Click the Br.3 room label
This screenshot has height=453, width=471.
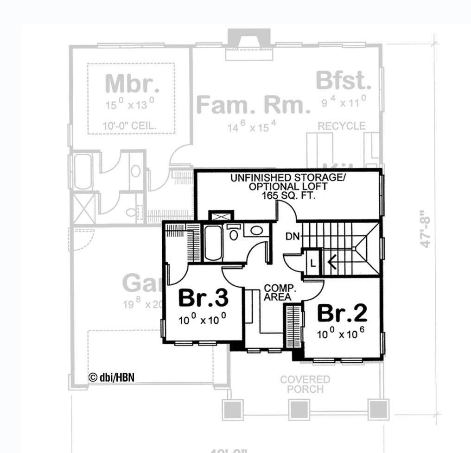tap(203, 298)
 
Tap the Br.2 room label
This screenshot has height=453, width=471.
tap(342, 314)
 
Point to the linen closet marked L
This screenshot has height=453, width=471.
tap(313, 263)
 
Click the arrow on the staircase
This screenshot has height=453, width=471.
tap(332, 263)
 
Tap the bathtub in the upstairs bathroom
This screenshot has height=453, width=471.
tap(213, 243)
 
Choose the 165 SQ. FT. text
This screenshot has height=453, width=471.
tap(288, 195)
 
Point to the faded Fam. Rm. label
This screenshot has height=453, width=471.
tap(253, 105)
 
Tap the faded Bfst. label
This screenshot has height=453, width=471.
tap(343, 81)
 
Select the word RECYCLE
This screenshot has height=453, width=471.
tap(342, 126)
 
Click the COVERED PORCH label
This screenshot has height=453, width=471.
tap(305, 384)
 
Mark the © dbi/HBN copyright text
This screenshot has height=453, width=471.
tap(111, 377)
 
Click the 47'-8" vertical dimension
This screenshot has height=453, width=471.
tap(424, 229)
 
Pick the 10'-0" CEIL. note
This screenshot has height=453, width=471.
tap(129, 126)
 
